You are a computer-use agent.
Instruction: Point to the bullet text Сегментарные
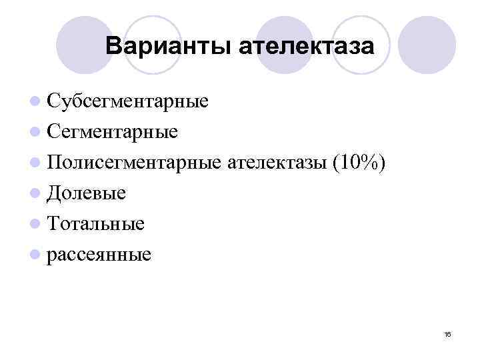pyautogui.click(x=113, y=132)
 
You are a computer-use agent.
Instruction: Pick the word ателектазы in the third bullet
pyautogui.click(x=276, y=163)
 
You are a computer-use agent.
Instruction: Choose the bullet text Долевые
pyautogui.click(x=87, y=193)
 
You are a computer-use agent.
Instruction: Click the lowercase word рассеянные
pyautogui.click(x=99, y=255)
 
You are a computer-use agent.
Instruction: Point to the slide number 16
pyautogui.click(x=447, y=334)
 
